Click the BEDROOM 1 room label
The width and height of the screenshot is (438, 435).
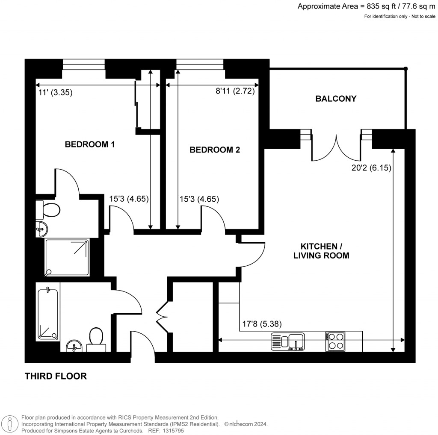(x=89, y=144)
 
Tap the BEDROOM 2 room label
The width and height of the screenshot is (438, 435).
(x=215, y=150)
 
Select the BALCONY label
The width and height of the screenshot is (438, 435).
(x=336, y=99)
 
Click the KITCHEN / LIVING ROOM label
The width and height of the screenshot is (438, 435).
(x=325, y=251)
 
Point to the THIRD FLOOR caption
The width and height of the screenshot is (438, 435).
(x=56, y=376)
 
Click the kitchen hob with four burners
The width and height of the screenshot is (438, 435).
(x=335, y=341)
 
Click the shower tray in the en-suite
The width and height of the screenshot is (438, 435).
(x=67, y=257)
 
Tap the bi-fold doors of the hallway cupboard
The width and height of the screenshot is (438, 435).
(x=163, y=317)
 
